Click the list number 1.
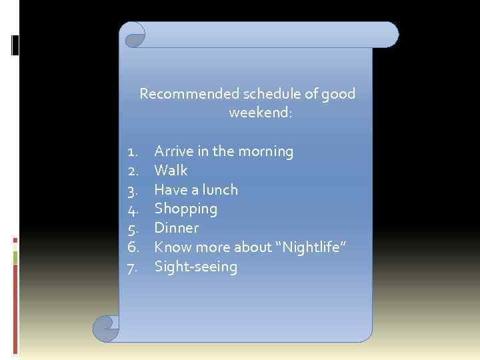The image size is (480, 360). tap(132, 152)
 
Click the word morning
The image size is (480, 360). tap(267, 152)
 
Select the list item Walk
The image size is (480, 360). tap(171, 171)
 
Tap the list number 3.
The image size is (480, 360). tap(132, 190)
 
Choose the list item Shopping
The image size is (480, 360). tap(185, 209)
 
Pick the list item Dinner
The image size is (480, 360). tap(176, 228)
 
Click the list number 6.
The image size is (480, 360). tap(132, 247)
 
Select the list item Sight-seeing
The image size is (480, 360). tap(195, 267)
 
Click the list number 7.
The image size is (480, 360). tap(132, 267)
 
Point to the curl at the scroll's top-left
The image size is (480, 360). tap(133, 35)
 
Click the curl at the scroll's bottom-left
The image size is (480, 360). tap(105, 327)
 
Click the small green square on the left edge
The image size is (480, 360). tap(16, 257)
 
